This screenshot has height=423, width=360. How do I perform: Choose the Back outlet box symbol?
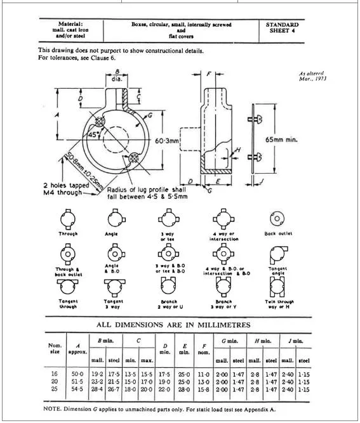click(277, 219)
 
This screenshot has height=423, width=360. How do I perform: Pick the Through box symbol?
click(67, 219)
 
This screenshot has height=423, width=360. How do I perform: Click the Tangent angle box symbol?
click(277, 254)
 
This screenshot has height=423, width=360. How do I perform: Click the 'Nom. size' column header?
click(55, 348)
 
